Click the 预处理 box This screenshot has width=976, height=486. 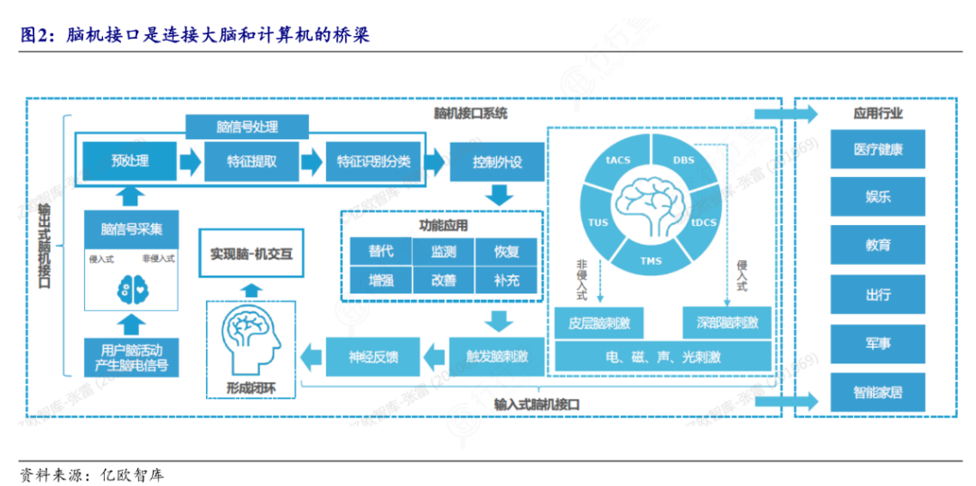[x=130, y=162]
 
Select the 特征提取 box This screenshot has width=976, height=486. [x=252, y=162]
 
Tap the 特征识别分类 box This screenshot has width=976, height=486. [x=373, y=162]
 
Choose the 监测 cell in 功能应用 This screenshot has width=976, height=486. [x=443, y=252]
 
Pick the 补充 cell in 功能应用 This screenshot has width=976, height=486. [x=507, y=280]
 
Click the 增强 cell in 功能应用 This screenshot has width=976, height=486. [x=380, y=280]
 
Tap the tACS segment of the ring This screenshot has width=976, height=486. [x=619, y=160]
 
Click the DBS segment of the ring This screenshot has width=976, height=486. [x=683, y=160]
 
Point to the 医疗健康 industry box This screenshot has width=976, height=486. [x=877, y=149]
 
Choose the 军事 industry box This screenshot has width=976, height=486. [x=877, y=343]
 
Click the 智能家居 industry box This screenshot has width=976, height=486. [x=877, y=393]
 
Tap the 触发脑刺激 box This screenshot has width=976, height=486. [x=497, y=357]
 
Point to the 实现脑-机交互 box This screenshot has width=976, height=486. [x=251, y=254]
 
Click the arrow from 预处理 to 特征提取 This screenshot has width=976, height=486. [x=191, y=162]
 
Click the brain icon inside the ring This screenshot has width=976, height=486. [x=652, y=200]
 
